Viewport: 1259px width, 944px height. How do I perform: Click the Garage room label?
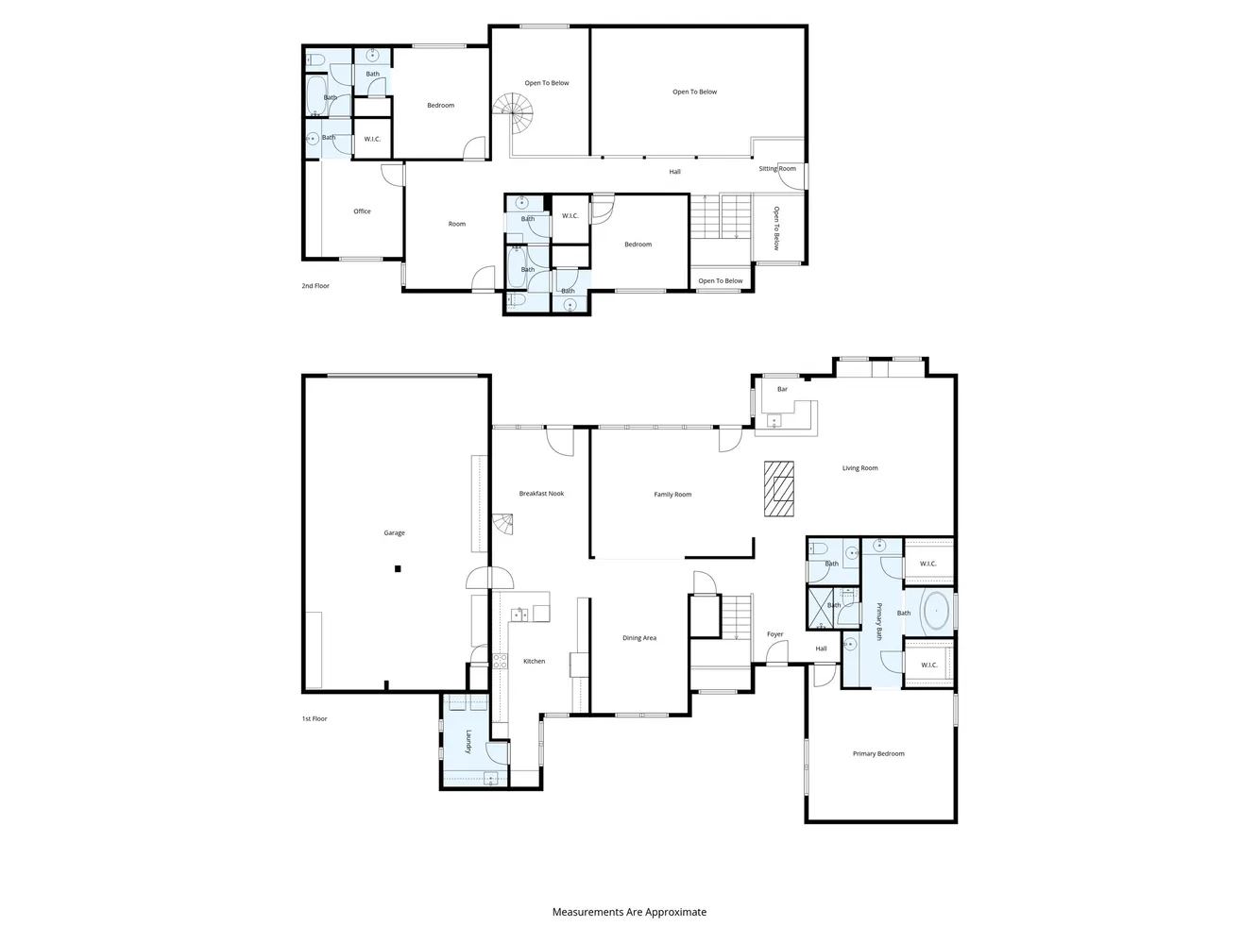click(394, 533)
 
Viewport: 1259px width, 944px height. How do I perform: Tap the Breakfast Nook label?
click(541, 494)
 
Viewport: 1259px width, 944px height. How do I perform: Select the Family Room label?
click(672, 494)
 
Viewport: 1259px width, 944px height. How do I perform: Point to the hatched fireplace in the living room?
click(779, 489)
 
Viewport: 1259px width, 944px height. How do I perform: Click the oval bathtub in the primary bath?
click(936, 612)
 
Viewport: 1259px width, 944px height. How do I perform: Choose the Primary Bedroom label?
click(878, 753)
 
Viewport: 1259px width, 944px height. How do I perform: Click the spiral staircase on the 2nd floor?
click(514, 113)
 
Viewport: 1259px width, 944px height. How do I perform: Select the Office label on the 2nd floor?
click(362, 211)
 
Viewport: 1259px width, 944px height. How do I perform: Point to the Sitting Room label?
click(777, 169)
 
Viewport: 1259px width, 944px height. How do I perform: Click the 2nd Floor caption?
click(315, 285)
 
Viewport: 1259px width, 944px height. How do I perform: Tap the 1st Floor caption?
click(315, 718)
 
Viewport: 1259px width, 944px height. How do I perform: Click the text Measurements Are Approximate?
click(629, 912)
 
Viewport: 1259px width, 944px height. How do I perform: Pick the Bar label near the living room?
click(782, 389)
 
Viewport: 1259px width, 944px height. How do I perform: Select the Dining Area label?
click(639, 638)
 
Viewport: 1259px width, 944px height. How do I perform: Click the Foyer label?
click(774, 634)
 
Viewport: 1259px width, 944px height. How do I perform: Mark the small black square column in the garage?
click(398, 568)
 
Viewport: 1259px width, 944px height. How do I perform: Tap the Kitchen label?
click(534, 662)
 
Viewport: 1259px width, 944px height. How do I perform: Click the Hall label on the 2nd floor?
click(674, 172)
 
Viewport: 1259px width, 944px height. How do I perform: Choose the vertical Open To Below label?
click(776, 228)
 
